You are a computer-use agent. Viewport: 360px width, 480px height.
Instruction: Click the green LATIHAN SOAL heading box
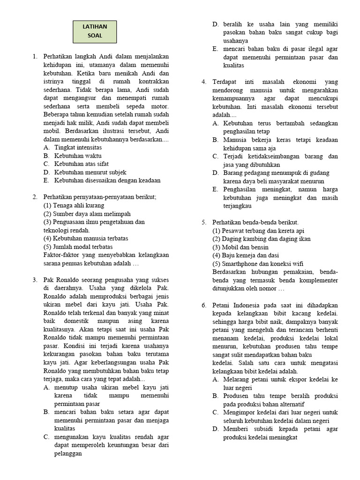point(95,31)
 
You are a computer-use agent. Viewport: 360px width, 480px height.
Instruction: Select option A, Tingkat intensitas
point(78,147)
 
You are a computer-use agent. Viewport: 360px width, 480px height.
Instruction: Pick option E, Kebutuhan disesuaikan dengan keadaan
point(107,180)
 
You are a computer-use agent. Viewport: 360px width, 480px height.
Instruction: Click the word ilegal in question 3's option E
point(305,49)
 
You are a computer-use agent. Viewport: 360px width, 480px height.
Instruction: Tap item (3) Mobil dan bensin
point(240,247)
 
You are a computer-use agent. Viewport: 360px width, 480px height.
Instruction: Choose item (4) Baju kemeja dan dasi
point(245,255)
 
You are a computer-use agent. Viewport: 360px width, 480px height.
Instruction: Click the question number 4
point(204,82)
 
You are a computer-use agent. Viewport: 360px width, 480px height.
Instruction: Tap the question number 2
point(35,197)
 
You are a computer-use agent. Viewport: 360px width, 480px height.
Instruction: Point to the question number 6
point(204,305)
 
